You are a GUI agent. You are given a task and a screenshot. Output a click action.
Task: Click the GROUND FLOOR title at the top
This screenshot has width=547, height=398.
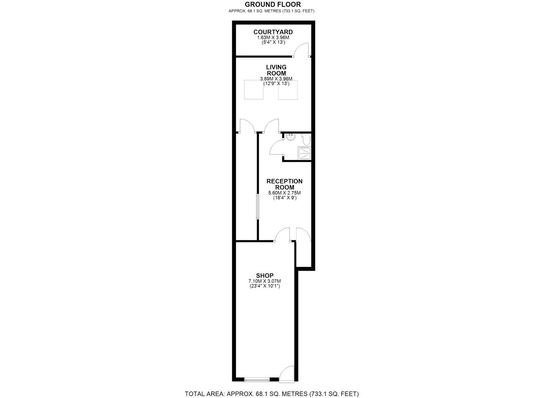pos(273,4)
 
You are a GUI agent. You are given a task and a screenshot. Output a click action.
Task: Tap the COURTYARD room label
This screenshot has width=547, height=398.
pos(273,32)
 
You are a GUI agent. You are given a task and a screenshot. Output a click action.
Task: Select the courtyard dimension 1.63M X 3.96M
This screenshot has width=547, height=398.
pos(273,37)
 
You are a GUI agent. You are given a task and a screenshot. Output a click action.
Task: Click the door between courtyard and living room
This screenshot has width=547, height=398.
pos(302,50)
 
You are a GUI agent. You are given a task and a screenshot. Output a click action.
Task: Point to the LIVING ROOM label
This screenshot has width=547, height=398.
pos(276,70)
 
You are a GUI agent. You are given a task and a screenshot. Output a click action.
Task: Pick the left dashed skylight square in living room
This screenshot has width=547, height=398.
pos(254,90)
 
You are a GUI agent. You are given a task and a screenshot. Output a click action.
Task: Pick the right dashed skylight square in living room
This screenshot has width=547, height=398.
pos(288,90)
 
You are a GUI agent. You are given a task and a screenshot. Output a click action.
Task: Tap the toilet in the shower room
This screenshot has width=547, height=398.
pos(306,140)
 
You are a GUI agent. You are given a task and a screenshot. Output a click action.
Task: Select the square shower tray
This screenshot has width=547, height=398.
pos(304,153)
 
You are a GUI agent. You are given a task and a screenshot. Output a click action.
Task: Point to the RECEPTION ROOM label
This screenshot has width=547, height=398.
pos(284,184)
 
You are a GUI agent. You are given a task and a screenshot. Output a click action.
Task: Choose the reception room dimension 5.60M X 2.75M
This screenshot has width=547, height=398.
pos(284,193)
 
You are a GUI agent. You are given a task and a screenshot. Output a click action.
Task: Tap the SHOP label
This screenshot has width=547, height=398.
pos(265,275)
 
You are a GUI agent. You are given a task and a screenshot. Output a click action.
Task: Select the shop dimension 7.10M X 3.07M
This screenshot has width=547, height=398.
pos(265,281)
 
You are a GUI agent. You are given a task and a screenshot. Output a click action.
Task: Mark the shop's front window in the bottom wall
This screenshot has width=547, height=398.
pos(257,379)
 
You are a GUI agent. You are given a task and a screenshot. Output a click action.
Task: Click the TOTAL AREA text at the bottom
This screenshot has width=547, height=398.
pos(272,394)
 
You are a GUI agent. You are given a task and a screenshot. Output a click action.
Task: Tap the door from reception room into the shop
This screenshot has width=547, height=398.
pos(282,235)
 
